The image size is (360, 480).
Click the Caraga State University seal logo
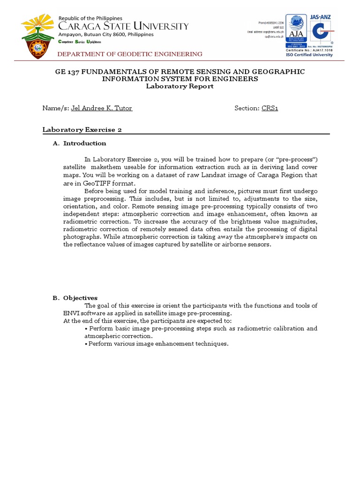39,37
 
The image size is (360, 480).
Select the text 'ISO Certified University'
309,54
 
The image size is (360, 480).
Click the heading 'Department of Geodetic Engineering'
130,54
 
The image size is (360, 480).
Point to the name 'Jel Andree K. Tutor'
101,108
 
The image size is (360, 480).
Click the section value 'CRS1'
270,108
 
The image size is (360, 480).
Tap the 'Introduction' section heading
85,143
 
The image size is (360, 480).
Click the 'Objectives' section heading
80,298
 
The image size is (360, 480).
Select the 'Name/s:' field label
56,108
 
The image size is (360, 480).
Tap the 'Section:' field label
247,108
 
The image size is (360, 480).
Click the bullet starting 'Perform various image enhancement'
157,344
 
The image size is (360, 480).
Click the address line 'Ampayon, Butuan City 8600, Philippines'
113,34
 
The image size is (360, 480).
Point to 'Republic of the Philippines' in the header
90,18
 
